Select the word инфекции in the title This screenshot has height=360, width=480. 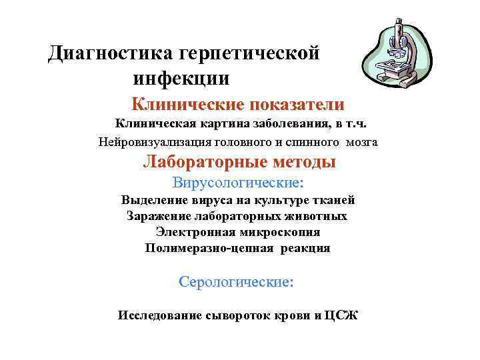[x=181, y=79]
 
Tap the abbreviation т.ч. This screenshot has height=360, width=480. [x=353, y=123]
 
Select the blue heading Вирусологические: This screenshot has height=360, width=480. [x=237, y=182]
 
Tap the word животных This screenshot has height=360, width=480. [x=316, y=216]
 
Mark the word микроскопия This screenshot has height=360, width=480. [x=280, y=232]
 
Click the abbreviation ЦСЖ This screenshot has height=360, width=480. [x=341, y=315]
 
